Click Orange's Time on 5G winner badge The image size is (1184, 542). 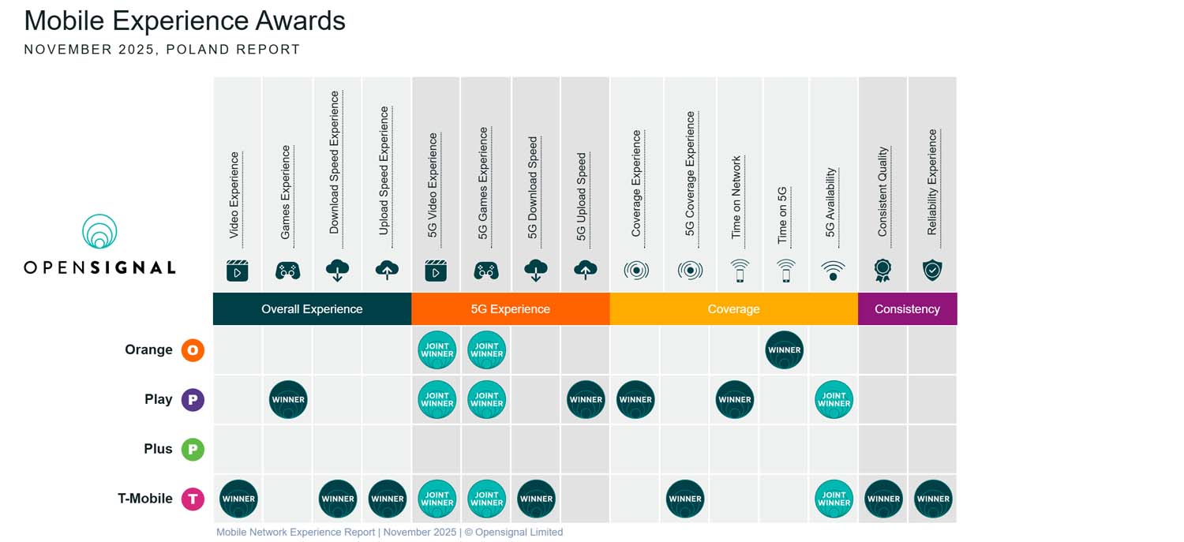(784, 350)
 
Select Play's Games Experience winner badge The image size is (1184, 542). (288, 400)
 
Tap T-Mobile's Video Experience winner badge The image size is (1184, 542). (238, 499)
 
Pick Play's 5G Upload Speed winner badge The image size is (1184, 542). (586, 400)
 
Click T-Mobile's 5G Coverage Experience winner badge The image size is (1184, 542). (685, 499)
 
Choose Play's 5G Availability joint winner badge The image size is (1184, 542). (834, 400)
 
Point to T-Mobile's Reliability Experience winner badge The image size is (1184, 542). (933, 499)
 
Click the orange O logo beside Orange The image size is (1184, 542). (193, 350)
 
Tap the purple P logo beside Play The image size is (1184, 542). (193, 400)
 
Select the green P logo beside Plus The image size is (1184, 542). (193, 450)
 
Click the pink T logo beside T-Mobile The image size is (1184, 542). (193, 499)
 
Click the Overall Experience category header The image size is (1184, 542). (312, 309)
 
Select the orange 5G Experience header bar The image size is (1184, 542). (510, 309)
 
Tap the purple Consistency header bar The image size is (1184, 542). (907, 309)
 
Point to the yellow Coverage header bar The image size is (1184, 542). (733, 309)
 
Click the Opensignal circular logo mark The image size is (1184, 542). (99, 232)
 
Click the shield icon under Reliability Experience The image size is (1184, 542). (932, 271)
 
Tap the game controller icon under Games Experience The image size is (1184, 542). (287, 271)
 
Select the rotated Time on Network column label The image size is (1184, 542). (736, 197)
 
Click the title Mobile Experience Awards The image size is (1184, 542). (185, 21)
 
